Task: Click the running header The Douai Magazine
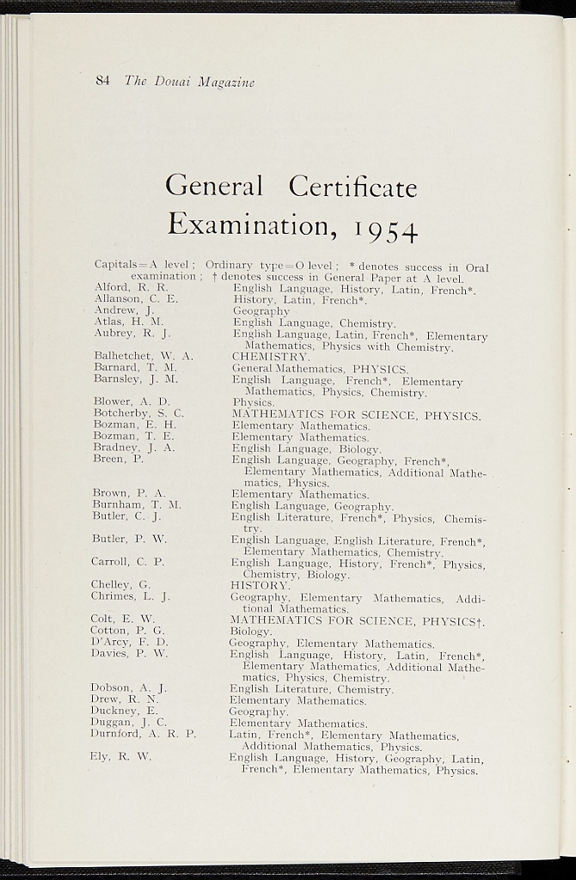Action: pyautogui.click(x=189, y=82)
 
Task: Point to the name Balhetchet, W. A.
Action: pyautogui.click(x=144, y=356)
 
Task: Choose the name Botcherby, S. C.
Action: pyautogui.click(x=138, y=413)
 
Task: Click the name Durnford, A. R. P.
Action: pyautogui.click(x=143, y=734)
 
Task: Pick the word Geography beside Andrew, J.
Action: pyautogui.click(x=261, y=311)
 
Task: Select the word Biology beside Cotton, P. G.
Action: pyautogui.click(x=250, y=631)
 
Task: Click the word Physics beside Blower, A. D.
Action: pyautogui.click(x=254, y=401)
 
